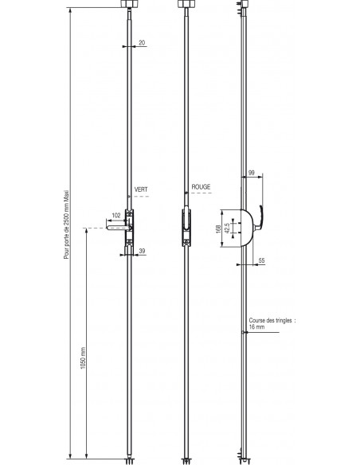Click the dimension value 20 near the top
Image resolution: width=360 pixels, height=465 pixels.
coord(142,43)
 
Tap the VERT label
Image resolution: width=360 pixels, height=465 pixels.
coord(141,190)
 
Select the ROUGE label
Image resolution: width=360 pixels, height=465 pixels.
coord(201,187)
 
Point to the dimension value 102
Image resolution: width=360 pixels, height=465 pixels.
coord(116,215)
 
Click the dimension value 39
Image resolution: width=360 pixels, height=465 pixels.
coord(142,251)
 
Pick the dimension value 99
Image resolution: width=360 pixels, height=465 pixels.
coord(251,173)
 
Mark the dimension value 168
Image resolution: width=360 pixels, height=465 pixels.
coord(218,229)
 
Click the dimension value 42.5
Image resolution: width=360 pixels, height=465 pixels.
coord(228,228)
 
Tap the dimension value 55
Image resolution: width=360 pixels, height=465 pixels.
coord(261,260)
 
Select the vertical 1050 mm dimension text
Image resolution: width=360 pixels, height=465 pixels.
coord(83,358)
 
